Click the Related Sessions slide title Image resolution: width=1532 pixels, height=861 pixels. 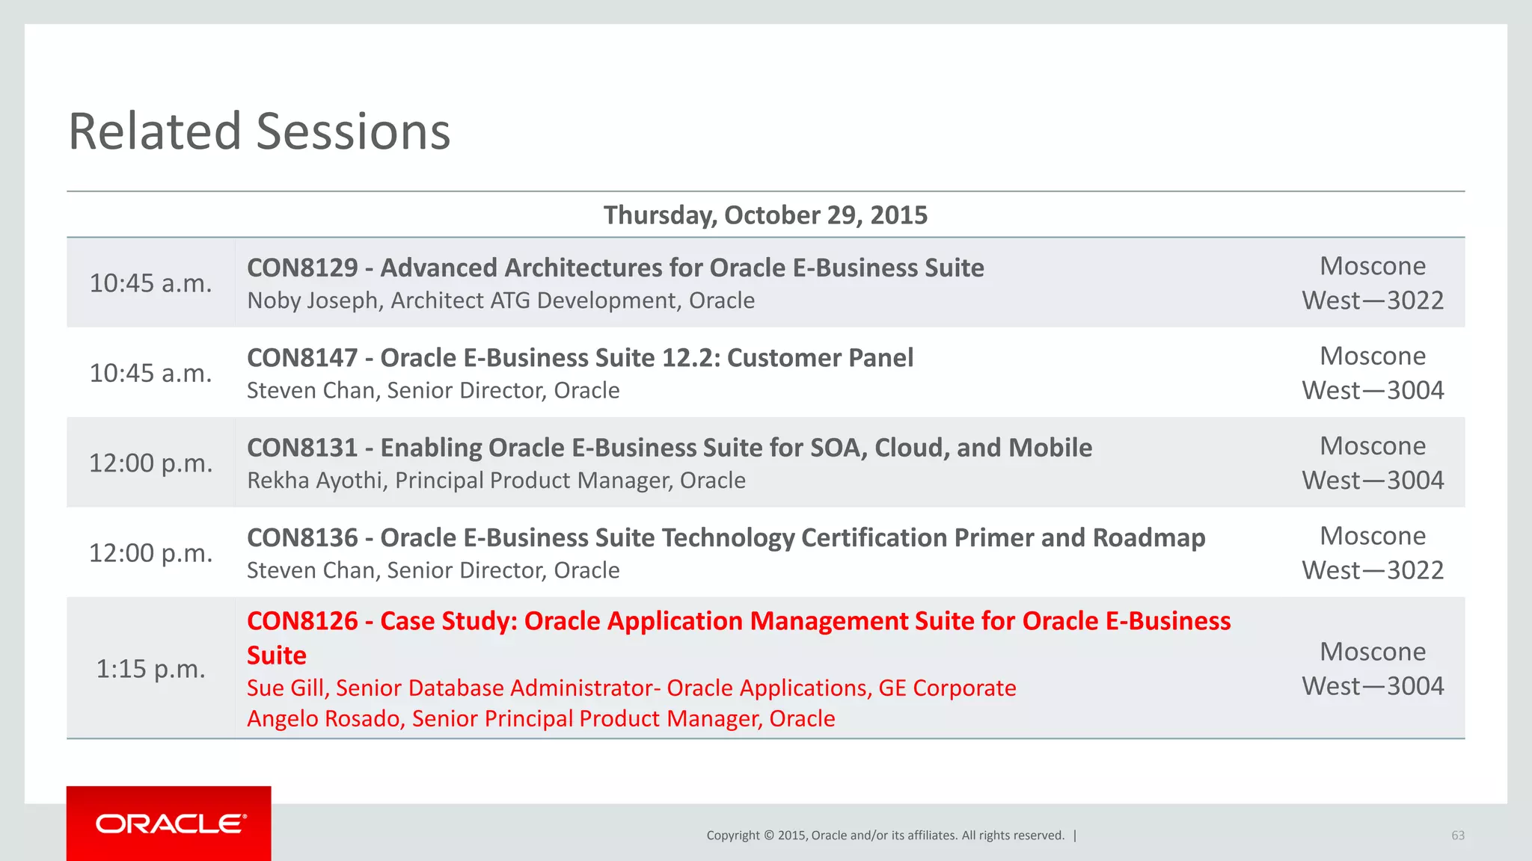259,132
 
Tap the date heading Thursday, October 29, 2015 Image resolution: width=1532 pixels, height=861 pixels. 765,215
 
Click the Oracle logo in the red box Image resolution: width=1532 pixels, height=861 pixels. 171,824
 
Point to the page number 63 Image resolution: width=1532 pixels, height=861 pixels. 1457,836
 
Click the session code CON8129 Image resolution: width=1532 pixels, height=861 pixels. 302,268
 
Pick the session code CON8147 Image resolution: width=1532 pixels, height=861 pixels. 302,358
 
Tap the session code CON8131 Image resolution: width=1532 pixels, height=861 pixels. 302,448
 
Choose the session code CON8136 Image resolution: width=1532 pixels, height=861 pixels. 302,538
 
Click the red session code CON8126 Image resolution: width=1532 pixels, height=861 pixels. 302,621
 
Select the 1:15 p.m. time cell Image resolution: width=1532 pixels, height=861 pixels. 150,669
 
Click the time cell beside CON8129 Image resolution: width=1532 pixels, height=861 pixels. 150,283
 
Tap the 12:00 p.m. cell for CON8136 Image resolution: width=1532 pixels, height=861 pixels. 150,553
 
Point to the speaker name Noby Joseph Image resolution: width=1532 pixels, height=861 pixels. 312,300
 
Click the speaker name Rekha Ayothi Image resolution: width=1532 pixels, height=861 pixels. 315,481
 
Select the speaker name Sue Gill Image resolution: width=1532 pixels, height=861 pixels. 287,688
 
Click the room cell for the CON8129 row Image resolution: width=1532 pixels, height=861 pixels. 1372,283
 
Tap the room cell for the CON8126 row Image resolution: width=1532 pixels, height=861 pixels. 1372,669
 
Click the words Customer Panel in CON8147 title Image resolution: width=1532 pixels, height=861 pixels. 820,358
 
